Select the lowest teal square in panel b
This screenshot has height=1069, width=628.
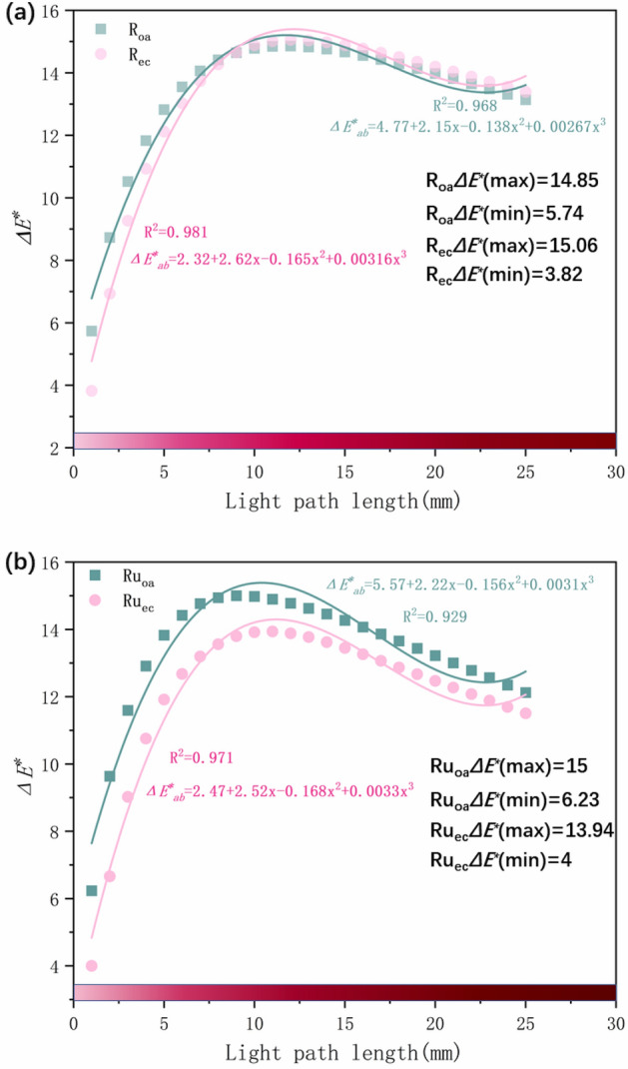point(91,890)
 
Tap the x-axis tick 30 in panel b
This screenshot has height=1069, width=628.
point(615,1025)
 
